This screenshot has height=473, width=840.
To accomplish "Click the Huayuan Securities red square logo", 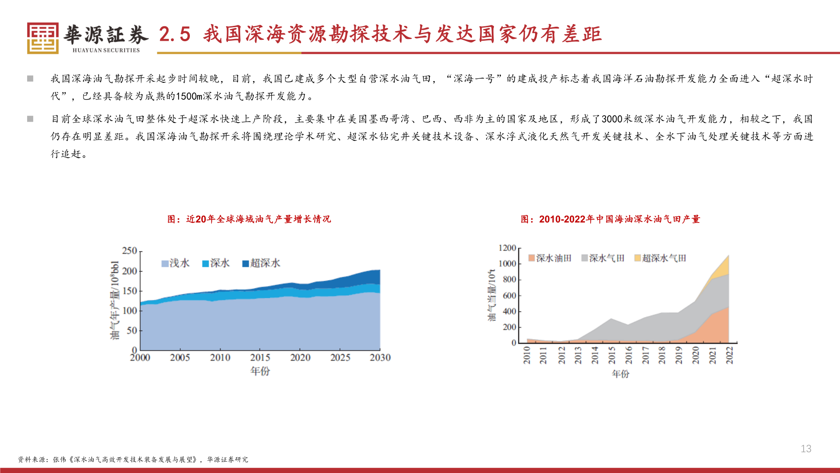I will coord(42,38).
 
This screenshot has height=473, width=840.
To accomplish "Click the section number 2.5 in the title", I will coord(175,35).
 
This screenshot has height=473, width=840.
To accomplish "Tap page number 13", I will coord(806,448).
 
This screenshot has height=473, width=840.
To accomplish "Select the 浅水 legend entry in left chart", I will coord(175,263).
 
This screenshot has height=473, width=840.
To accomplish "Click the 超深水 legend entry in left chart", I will coord(261,263).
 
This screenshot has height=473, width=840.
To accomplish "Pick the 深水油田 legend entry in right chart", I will coord(550,258).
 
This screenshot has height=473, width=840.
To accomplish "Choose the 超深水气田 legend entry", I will coord(660,258).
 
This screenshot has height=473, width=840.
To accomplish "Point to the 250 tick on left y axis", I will coord(129,251).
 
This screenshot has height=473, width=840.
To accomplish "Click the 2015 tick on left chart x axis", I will coord(260,358).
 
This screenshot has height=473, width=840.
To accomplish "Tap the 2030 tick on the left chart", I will coord(380,358).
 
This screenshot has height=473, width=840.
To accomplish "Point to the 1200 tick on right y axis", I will coord(507,248).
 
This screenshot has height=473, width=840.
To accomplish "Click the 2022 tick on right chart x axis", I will coord(729,355).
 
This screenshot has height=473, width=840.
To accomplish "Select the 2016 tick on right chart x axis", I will coord(629,355).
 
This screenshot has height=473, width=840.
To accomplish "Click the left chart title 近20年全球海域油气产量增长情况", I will coord(249,219).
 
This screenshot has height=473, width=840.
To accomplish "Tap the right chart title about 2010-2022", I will coord(610,219).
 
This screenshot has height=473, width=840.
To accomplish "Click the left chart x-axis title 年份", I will coord(260,371).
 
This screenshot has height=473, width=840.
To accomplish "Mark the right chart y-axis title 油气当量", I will coord(492,295).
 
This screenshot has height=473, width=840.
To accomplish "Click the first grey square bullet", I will coord(30,79).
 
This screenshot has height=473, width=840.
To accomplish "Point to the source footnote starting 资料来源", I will coord(133,459).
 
